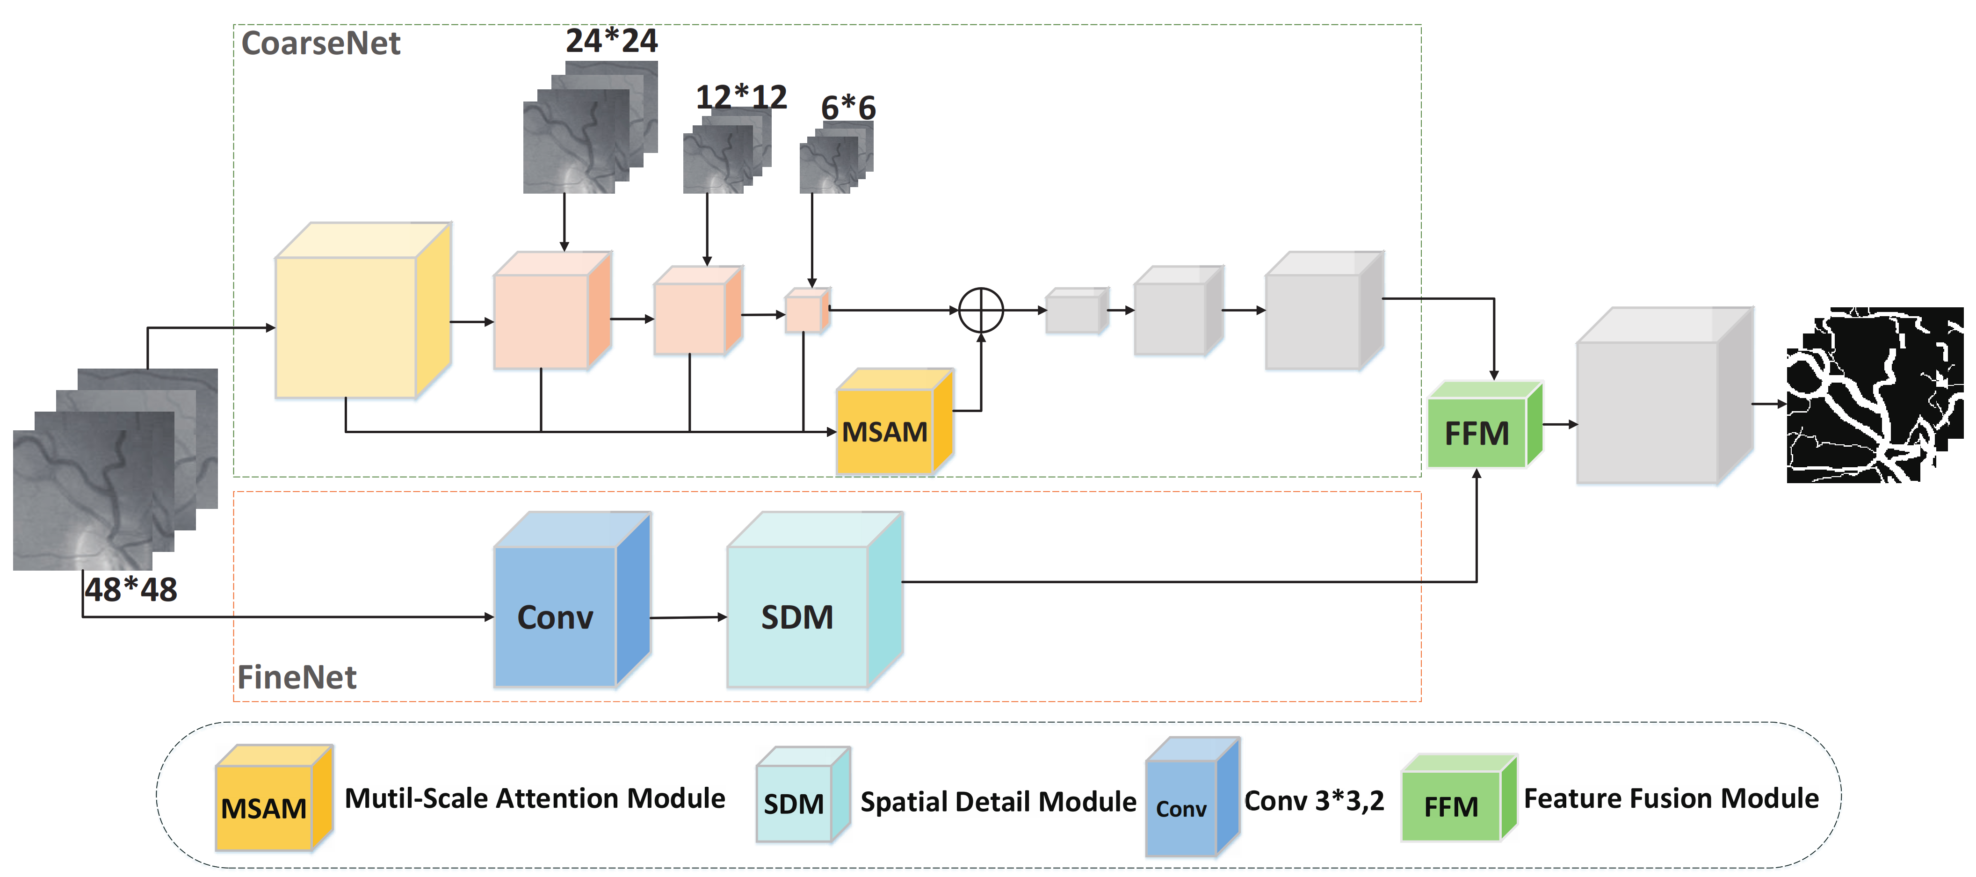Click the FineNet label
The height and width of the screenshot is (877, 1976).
297,677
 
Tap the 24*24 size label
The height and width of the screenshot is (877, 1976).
611,41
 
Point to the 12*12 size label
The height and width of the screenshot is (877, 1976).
741,97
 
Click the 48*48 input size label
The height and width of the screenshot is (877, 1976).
131,590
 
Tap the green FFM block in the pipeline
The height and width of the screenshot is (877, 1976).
1477,433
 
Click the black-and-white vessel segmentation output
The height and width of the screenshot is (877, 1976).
1874,395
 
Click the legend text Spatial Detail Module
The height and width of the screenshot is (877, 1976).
998,802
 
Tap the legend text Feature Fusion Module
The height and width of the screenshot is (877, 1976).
1671,799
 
